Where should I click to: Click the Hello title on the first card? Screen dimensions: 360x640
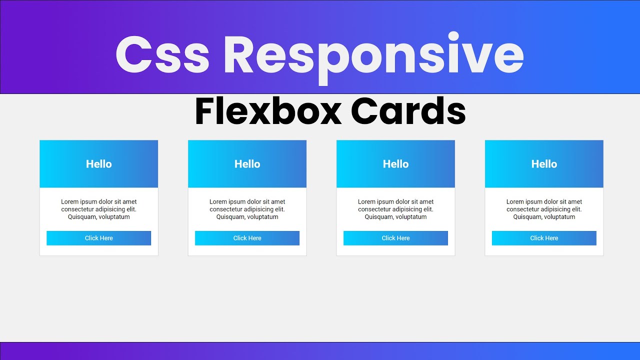(x=99, y=164)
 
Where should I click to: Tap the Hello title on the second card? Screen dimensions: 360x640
(x=247, y=164)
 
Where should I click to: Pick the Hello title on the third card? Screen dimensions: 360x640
(x=396, y=164)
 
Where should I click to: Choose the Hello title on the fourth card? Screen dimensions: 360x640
(x=544, y=164)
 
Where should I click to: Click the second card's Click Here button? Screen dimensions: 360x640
(x=247, y=238)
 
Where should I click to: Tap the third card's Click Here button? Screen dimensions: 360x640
(x=395, y=238)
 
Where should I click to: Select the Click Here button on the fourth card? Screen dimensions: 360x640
(x=544, y=238)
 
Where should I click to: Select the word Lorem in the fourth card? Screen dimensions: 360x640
(x=515, y=202)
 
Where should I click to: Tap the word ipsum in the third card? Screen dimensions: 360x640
(x=386, y=202)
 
